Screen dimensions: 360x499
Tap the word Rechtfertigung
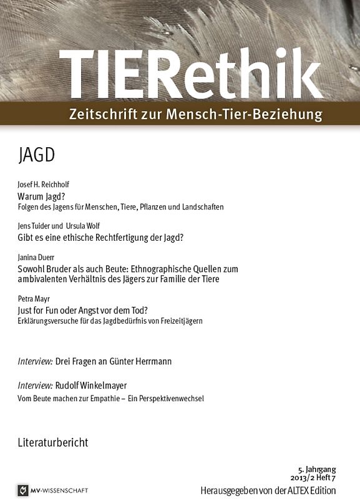135,238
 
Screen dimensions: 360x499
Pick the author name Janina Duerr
37,258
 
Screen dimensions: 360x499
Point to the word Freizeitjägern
182,321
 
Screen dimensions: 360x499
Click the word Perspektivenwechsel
172,397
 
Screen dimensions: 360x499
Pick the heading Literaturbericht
53,442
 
